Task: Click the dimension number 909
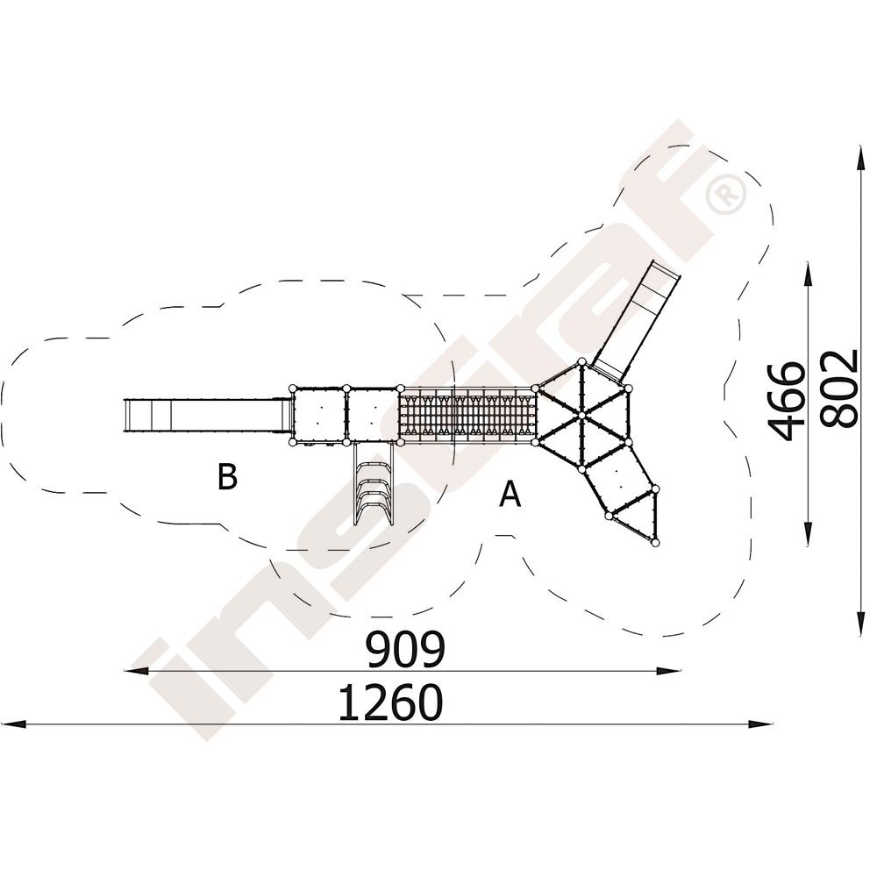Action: click(406, 649)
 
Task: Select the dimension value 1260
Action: click(391, 702)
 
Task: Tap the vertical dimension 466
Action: click(787, 401)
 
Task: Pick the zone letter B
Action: click(227, 477)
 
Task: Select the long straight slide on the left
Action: click(208, 415)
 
